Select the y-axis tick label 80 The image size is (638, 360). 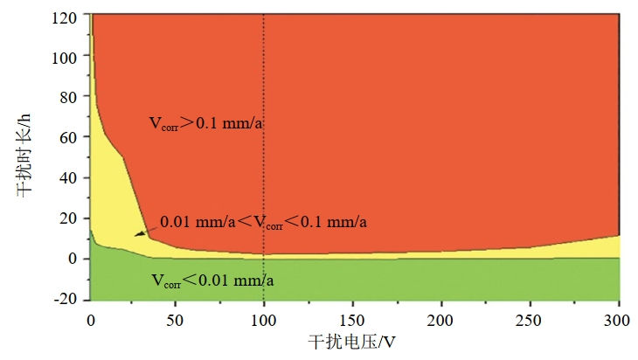pyautogui.click(x=71, y=96)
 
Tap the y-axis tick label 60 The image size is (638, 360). pyautogui.click(x=71, y=136)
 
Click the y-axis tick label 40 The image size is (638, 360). pyautogui.click(x=71, y=177)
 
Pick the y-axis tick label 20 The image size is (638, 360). pyautogui.click(x=71, y=218)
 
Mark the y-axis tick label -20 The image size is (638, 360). pyautogui.click(x=68, y=299)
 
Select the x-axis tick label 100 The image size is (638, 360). pyautogui.click(x=263, y=317)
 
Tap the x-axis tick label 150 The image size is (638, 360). pyautogui.click(x=352, y=317)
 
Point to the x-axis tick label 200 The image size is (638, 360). pyautogui.click(x=441, y=317)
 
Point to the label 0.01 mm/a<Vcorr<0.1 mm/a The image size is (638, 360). pyautogui.click(x=262, y=223)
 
